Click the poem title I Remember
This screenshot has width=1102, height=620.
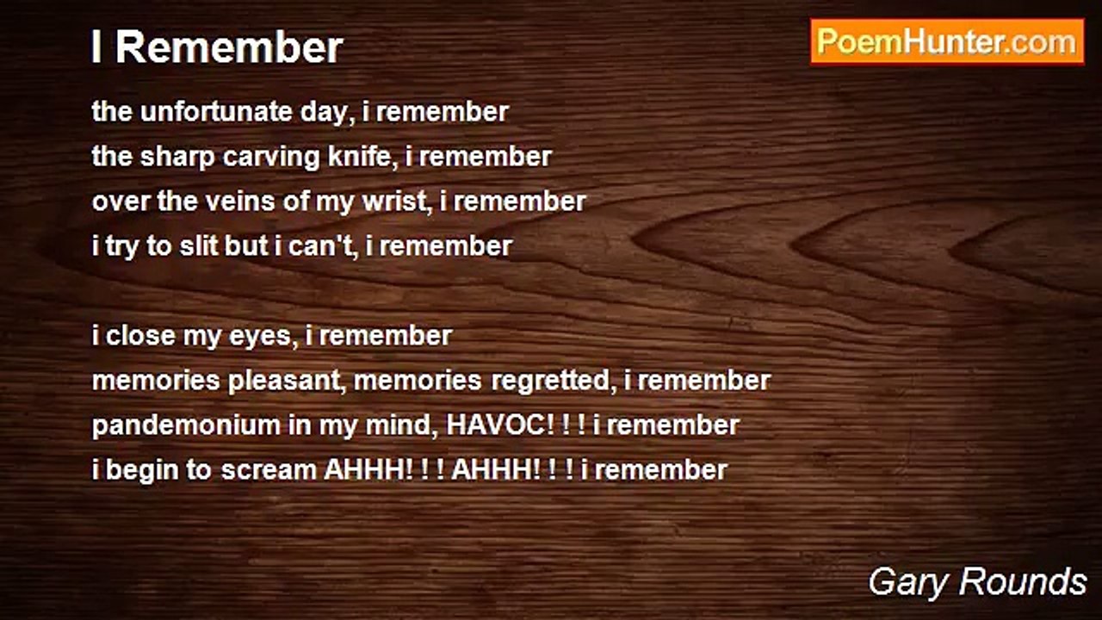pyautogui.click(x=217, y=47)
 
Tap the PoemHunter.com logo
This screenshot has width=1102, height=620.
pyautogui.click(x=947, y=42)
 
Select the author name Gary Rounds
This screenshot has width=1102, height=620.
pyautogui.click(x=977, y=582)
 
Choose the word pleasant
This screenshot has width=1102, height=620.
pyautogui.click(x=284, y=381)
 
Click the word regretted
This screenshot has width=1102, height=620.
pyautogui.click(x=550, y=381)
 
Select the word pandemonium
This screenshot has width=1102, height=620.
pyautogui.click(x=186, y=426)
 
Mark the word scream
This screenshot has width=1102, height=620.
pyautogui.click(x=269, y=471)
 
